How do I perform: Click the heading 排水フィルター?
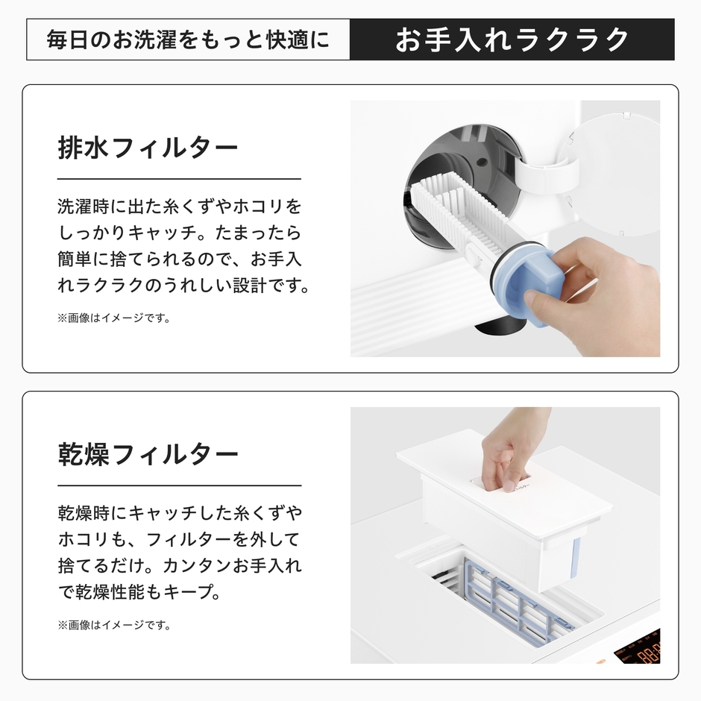point(148,147)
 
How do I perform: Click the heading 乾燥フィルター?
point(148,454)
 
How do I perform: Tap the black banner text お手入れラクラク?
point(512,40)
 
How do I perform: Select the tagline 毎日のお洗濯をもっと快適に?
point(187,40)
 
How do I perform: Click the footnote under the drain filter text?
point(113,318)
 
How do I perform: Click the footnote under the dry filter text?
point(113,625)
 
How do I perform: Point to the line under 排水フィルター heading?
point(179,179)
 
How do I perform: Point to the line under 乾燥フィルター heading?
point(179,486)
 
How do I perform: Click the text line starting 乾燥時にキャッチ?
point(179,513)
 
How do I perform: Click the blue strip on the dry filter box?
point(576,559)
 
